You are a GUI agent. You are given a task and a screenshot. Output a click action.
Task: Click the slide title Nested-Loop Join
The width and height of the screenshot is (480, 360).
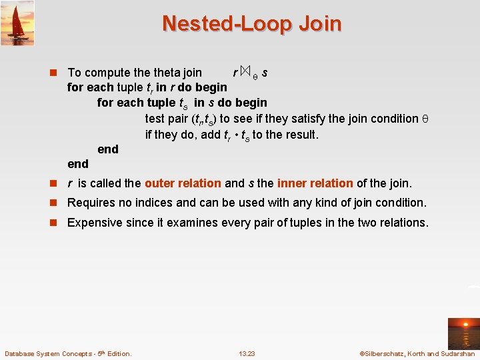pyautogui.click(x=251, y=24)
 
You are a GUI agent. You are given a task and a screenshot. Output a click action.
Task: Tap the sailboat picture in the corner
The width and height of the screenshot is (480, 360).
pyautogui.click(x=18, y=23)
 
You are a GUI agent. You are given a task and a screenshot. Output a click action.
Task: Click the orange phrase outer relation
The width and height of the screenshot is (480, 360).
pyautogui.click(x=182, y=183)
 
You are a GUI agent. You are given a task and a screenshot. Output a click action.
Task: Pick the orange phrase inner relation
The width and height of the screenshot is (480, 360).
pyautogui.click(x=315, y=183)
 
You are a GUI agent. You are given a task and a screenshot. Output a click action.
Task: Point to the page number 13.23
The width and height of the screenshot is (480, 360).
pyautogui.click(x=247, y=353)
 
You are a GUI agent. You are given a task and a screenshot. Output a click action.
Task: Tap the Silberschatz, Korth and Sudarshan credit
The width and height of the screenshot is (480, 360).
pyautogui.click(x=417, y=353)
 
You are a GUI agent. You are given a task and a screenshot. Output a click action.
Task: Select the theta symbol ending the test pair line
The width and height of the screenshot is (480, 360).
pyautogui.click(x=425, y=119)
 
